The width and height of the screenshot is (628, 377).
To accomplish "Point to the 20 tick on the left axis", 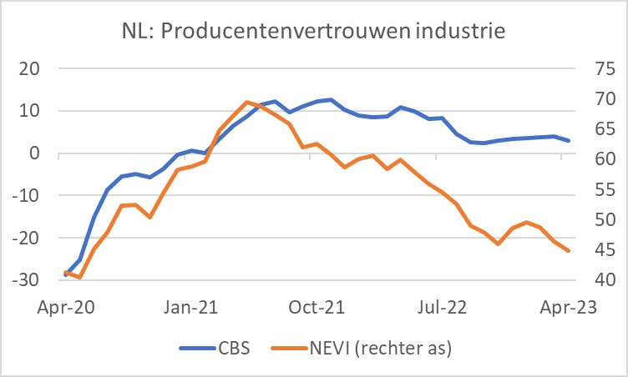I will (29, 68).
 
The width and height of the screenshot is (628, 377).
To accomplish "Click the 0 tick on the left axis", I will (35, 153).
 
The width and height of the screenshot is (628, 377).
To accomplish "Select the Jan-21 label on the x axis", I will (191, 308).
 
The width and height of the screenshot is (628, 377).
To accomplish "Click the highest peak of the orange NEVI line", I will (246, 102).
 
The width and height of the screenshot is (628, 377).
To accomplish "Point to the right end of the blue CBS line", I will (570, 140).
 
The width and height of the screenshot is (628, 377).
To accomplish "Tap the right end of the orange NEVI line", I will (570, 250).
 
